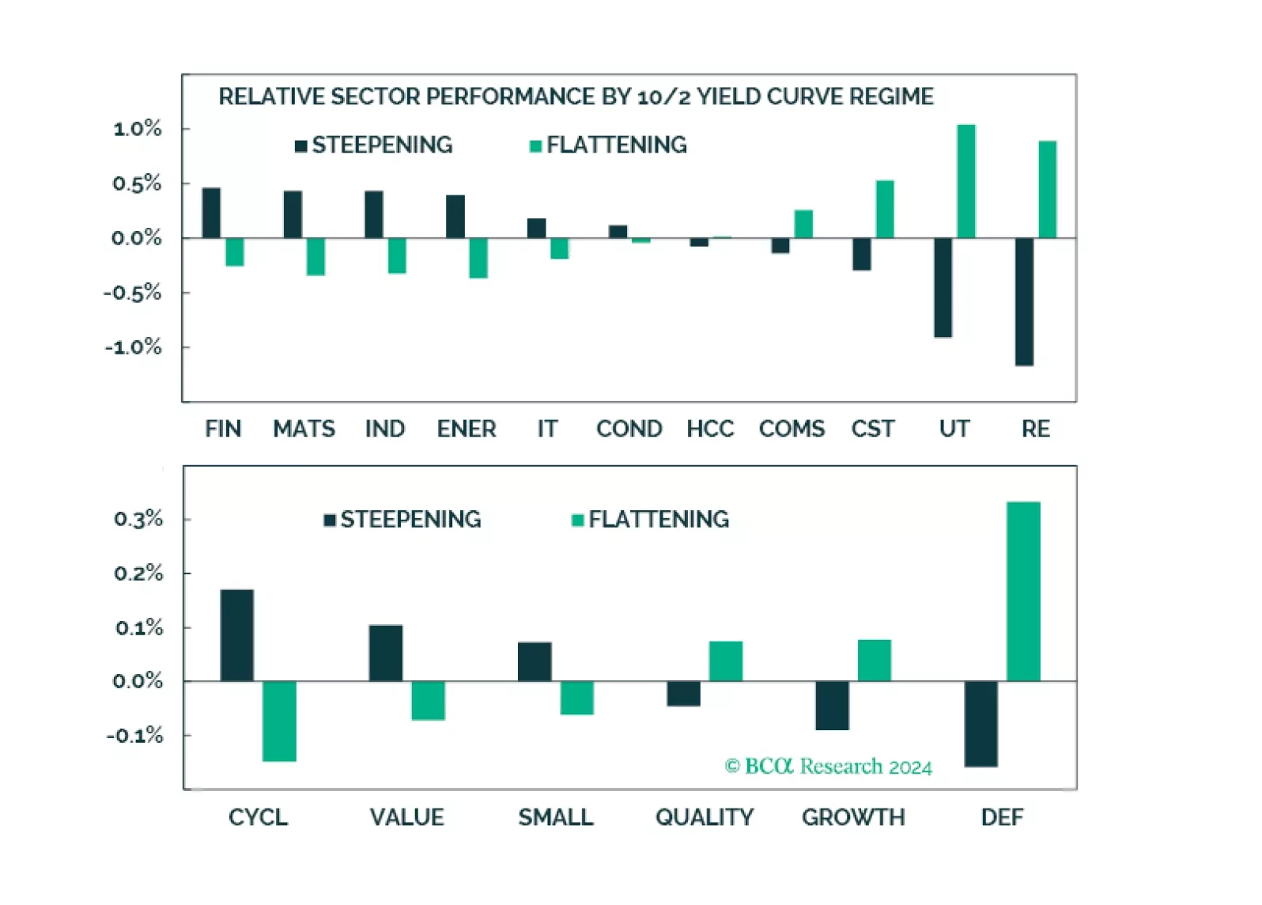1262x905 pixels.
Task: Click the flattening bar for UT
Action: point(965,181)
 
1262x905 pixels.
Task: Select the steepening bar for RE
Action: point(1024,301)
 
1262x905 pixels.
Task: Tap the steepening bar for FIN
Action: point(211,213)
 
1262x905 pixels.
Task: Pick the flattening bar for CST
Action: point(885,209)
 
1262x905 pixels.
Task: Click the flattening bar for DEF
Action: point(1023,591)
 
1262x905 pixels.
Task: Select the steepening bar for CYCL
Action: point(237,635)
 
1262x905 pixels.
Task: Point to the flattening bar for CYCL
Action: point(279,721)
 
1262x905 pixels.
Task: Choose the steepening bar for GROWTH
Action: point(832,705)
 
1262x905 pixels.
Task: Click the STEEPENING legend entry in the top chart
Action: point(373,145)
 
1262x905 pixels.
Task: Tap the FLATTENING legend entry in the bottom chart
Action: point(650,519)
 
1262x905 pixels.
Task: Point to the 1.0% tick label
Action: point(138,128)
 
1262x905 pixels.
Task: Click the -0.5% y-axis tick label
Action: point(133,293)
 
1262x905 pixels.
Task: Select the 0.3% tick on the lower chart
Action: point(138,519)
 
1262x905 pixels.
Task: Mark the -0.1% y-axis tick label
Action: point(135,735)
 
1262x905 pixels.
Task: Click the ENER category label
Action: point(467,429)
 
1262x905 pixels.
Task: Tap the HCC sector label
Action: point(710,429)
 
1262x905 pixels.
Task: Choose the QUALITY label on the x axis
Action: point(705,817)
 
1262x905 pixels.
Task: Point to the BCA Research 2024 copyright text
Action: point(828,766)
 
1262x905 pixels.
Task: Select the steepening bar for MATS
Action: point(293,214)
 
